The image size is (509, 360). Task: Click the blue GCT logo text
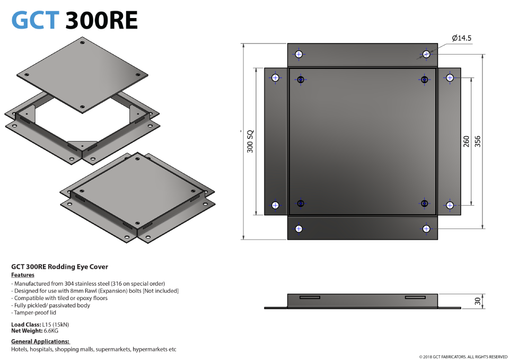pos(36,20)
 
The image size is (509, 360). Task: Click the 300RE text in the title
pos(102,20)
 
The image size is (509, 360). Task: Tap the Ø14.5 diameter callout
pos(462,38)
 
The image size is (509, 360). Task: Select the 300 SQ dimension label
pos(250,142)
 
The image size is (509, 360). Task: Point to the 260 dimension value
pos(467,141)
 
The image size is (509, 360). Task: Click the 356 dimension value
pos(478,141)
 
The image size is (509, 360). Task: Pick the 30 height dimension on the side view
pos(478,301)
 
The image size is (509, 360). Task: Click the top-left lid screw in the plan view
pos(301,80)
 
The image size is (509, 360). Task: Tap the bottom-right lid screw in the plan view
pos(424,204)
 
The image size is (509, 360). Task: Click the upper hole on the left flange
pos(275,78)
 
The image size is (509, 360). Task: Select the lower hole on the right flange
pos(450,205)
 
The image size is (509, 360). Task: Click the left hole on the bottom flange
pos(299,229)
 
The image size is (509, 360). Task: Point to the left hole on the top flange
pos(299,54)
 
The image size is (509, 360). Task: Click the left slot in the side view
pos(310,297)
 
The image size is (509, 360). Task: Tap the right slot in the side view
pos(415,297)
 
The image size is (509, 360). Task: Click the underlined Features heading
pos(23,275)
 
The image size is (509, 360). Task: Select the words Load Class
pos(26,324)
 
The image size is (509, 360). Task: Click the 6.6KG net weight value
pos(51,331)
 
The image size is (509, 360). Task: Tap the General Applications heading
pos(40,341)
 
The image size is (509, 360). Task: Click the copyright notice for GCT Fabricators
pos(463,357)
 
